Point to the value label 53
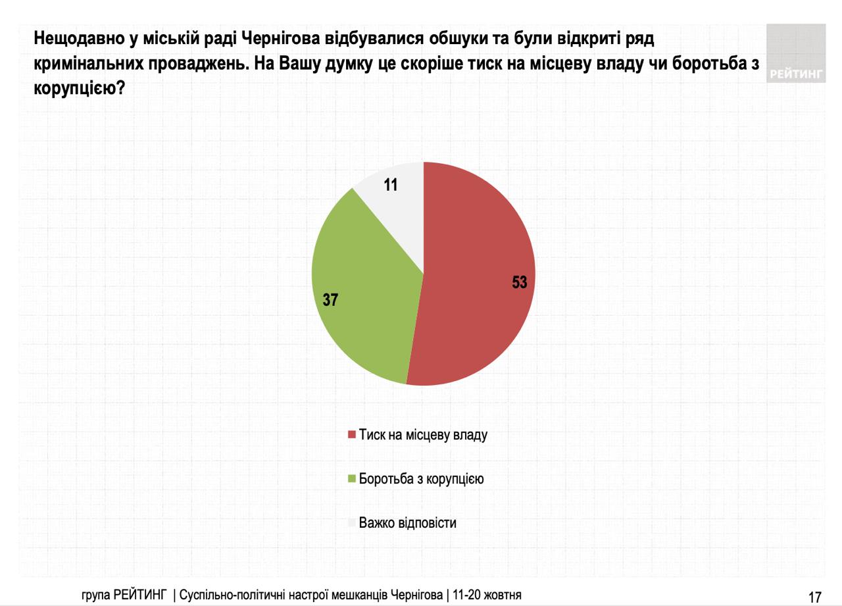click(520, 283)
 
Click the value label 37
click(330, 300)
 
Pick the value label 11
click(391, 186)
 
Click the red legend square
click(352, 435)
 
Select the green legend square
click(352, 479)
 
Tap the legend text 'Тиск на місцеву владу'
click(423, 435)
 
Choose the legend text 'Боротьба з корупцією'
click(422, 479)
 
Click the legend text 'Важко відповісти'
click(408, 523)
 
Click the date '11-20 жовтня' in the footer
click(486, 595)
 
